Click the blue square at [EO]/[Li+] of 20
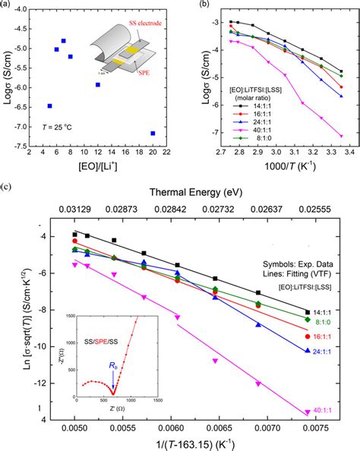click(153, 133)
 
